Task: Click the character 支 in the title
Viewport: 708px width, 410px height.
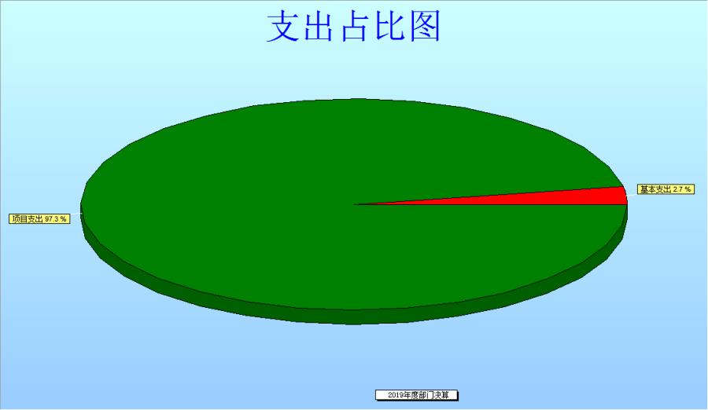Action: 283,27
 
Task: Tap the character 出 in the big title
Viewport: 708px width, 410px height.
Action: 319,27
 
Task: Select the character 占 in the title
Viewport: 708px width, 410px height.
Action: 354,27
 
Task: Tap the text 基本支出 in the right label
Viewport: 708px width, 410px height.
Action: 655,189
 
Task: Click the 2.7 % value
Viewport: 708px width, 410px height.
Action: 682,189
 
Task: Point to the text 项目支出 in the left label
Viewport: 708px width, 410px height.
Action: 28,219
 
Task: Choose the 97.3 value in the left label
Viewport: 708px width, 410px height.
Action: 52,219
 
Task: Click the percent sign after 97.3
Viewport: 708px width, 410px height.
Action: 64,219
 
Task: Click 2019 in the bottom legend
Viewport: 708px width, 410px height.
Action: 395,395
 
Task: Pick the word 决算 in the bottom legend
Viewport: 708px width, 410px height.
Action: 441,395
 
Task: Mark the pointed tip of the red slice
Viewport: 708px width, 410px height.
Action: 355,204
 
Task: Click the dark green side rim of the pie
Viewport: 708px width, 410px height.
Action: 355,317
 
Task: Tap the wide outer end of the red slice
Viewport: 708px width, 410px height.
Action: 626,196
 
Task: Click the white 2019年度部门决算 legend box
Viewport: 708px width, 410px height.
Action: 417,395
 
